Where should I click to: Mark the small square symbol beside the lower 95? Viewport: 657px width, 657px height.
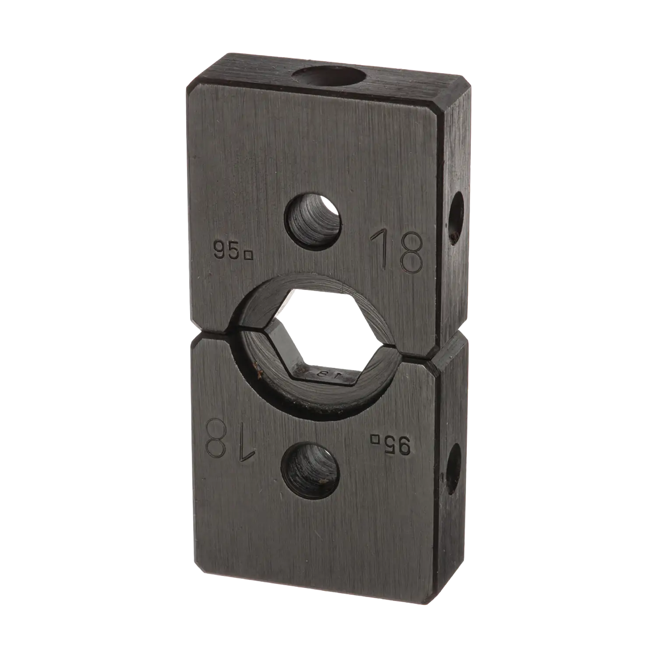375,438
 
